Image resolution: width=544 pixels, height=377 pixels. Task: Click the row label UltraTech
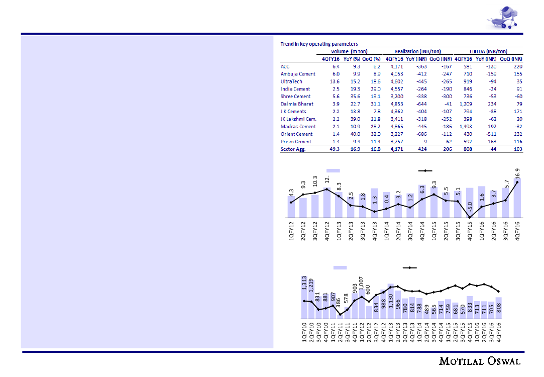(291, 81)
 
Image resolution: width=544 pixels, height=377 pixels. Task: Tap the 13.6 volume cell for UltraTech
(334, 81)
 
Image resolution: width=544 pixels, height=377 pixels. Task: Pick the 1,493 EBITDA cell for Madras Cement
(465, 127)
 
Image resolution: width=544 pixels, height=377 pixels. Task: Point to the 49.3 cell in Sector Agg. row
(334, 149)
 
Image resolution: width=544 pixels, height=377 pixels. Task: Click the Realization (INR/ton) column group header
(418, 51)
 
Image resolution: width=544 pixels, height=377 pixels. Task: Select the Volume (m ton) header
(349, 51)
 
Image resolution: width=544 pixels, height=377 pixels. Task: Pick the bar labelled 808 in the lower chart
(498, 307)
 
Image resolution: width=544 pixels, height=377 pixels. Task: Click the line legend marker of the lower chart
(410, 268)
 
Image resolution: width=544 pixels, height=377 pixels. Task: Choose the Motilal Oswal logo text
(480, 361)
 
